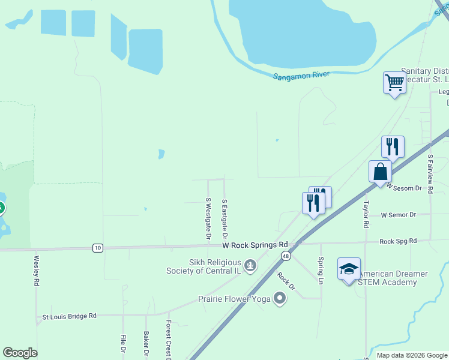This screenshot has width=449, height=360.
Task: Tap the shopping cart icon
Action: click(394, 82)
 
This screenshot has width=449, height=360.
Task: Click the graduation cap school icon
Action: click(349, 269)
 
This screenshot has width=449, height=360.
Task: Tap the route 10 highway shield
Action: click(97, 248)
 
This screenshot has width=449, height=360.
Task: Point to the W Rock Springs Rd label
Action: click(255, 245)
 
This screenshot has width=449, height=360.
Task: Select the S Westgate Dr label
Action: click(208, 219)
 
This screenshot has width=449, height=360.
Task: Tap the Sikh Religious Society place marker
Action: click(250, 264)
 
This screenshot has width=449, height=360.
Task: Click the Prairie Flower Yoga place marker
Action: click(279, 298)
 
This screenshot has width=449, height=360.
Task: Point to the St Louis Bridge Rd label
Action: click(69, 316)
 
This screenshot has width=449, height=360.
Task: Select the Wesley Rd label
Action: click(37, 271)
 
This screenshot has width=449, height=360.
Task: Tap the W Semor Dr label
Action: click(399, 215)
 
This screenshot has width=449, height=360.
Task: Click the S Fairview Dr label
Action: click(430, 173)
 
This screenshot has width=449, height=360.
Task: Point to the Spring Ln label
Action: click(321, 270)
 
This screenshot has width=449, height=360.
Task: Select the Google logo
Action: click(20, 353)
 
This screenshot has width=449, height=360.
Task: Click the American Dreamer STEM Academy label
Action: click(393, 278)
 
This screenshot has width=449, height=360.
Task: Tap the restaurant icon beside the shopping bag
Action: click(393, 146)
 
